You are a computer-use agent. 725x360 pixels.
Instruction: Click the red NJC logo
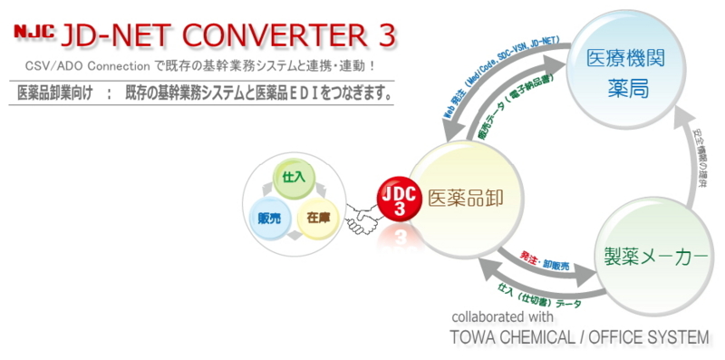[x=33, y=34]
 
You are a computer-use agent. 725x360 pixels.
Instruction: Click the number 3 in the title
[x=385, y=35]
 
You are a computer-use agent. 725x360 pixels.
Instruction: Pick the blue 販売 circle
[x=268, y=218]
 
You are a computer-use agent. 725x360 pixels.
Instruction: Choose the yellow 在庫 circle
[x=317, y=218]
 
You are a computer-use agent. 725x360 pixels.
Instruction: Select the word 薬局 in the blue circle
[x=627, y=91]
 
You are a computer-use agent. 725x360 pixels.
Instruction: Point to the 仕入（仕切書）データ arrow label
[x=540, y=295]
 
